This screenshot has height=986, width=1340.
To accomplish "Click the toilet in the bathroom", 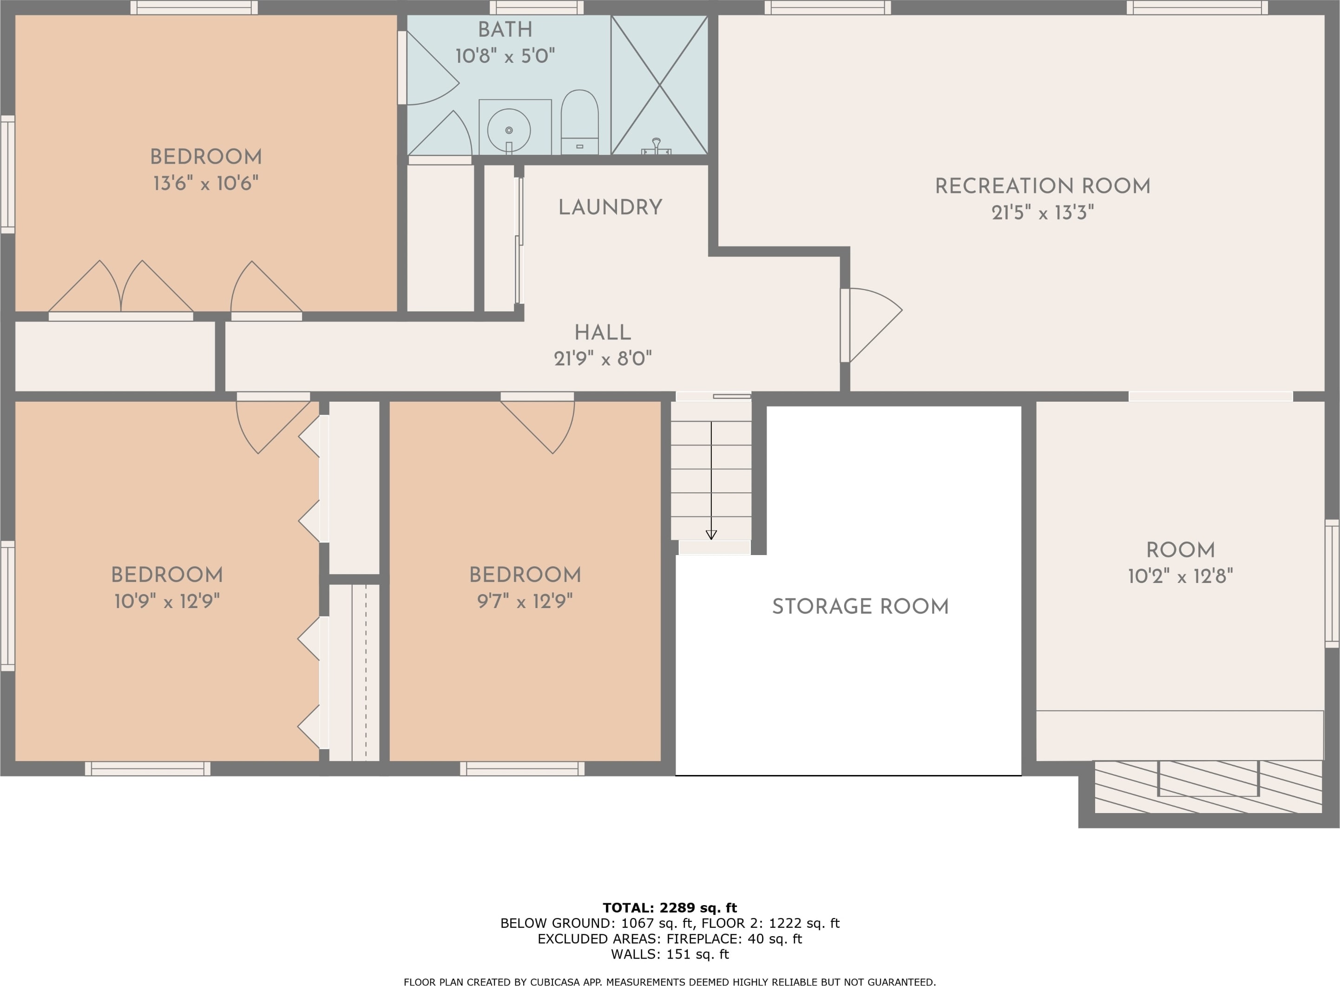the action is click(x=579, y=122).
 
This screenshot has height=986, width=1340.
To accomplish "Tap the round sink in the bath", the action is click(x=508, y=130).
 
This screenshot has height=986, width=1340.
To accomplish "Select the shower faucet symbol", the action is click(x=656, y=146).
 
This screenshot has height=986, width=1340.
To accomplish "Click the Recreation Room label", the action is click(x=1042, y=186).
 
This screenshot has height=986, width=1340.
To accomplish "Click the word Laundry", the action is click(x=610, y=207).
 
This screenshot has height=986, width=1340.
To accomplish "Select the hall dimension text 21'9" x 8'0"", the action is click(x=603, y=359).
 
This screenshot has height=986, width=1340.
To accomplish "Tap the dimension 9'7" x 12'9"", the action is click(x=525, y=601).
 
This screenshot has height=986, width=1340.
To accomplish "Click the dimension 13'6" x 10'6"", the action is click(x=206, y=183).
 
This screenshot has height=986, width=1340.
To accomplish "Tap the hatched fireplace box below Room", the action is click(x=1208, y=787).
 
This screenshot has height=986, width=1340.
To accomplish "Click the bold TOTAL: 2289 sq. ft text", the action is click(x=670, y=908).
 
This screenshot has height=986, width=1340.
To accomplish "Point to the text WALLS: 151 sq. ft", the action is click(x=670, y=954).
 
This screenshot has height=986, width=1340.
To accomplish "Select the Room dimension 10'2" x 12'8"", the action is click(x=1180, y=576).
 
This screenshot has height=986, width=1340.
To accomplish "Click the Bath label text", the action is click(x=505, y=29).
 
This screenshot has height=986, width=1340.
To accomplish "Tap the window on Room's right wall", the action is click(x=1332, y=583).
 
